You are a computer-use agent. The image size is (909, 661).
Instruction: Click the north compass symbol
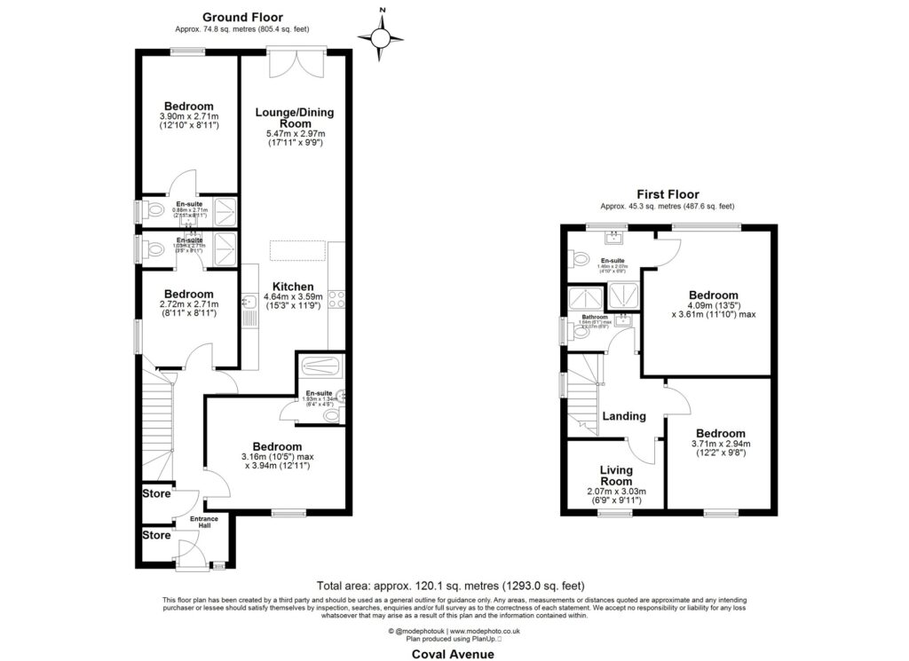pyautogui.click(x=381, y=36)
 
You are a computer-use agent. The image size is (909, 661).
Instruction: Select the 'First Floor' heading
pyautogui.click(x=668, y=194)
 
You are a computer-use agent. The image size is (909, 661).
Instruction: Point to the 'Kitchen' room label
pyautogui.click(x=292, y=287)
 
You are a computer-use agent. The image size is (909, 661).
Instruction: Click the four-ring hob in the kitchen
pyautogui.click(x=337, y=299)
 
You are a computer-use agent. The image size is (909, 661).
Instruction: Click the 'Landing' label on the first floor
pyautogui.click(x=624, y=416)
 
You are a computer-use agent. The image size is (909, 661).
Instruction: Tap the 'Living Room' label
pyautogui.click(x=616, y=476)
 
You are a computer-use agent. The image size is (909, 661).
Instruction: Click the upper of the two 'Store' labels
pyautogui.click(x=156, y=493)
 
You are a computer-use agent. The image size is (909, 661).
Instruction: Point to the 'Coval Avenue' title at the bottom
pyautogui.click(x=453, y=653)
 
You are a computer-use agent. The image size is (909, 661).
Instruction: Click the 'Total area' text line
pyautogui.click(x=451, y=586)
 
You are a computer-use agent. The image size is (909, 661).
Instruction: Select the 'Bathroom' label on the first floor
pyautogui.click(x=593, y=316)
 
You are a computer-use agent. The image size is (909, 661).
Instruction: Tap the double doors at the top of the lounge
pyautogui.click(x=296, y=64)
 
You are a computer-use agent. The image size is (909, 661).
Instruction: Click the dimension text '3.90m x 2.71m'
pyautogui.click(x=188, y=116)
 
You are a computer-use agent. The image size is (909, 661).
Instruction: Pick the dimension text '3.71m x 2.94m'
pyautogui.click(x=720, y=445)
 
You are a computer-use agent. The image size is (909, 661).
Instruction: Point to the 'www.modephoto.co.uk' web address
pyautogui.click(x=482, y=630)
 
